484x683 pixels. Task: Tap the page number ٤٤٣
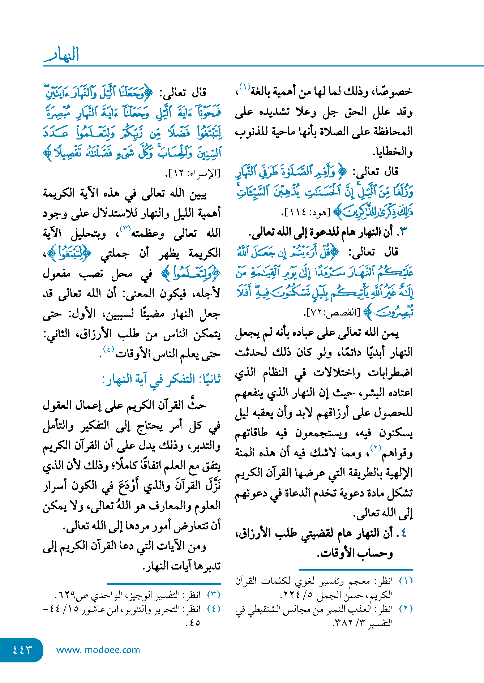(22, 650)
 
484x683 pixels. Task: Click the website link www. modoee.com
(98, 650)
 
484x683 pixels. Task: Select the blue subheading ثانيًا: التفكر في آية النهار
(161, 379)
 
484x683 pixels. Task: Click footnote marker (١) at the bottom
(406, 581)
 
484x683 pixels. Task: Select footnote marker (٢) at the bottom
(406, 609)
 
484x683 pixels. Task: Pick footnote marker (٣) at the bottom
(213, 595)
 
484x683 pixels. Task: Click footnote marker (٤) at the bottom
(213, 609)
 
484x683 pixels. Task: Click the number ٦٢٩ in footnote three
(66, 595)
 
